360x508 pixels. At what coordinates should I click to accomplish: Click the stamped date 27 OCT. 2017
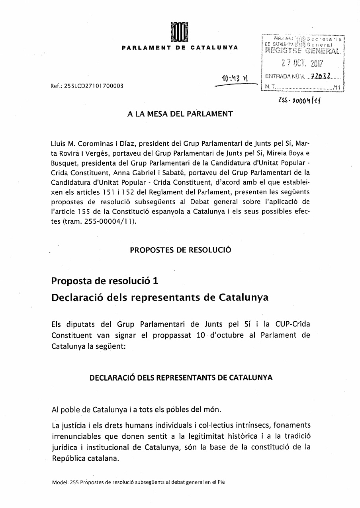301,63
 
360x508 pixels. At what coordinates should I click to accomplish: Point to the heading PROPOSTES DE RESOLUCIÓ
180,250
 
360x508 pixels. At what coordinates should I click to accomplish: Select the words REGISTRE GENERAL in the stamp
302,51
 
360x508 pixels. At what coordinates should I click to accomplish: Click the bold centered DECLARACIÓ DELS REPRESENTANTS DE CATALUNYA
181,378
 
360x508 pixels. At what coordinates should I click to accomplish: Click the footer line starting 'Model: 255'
138,482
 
